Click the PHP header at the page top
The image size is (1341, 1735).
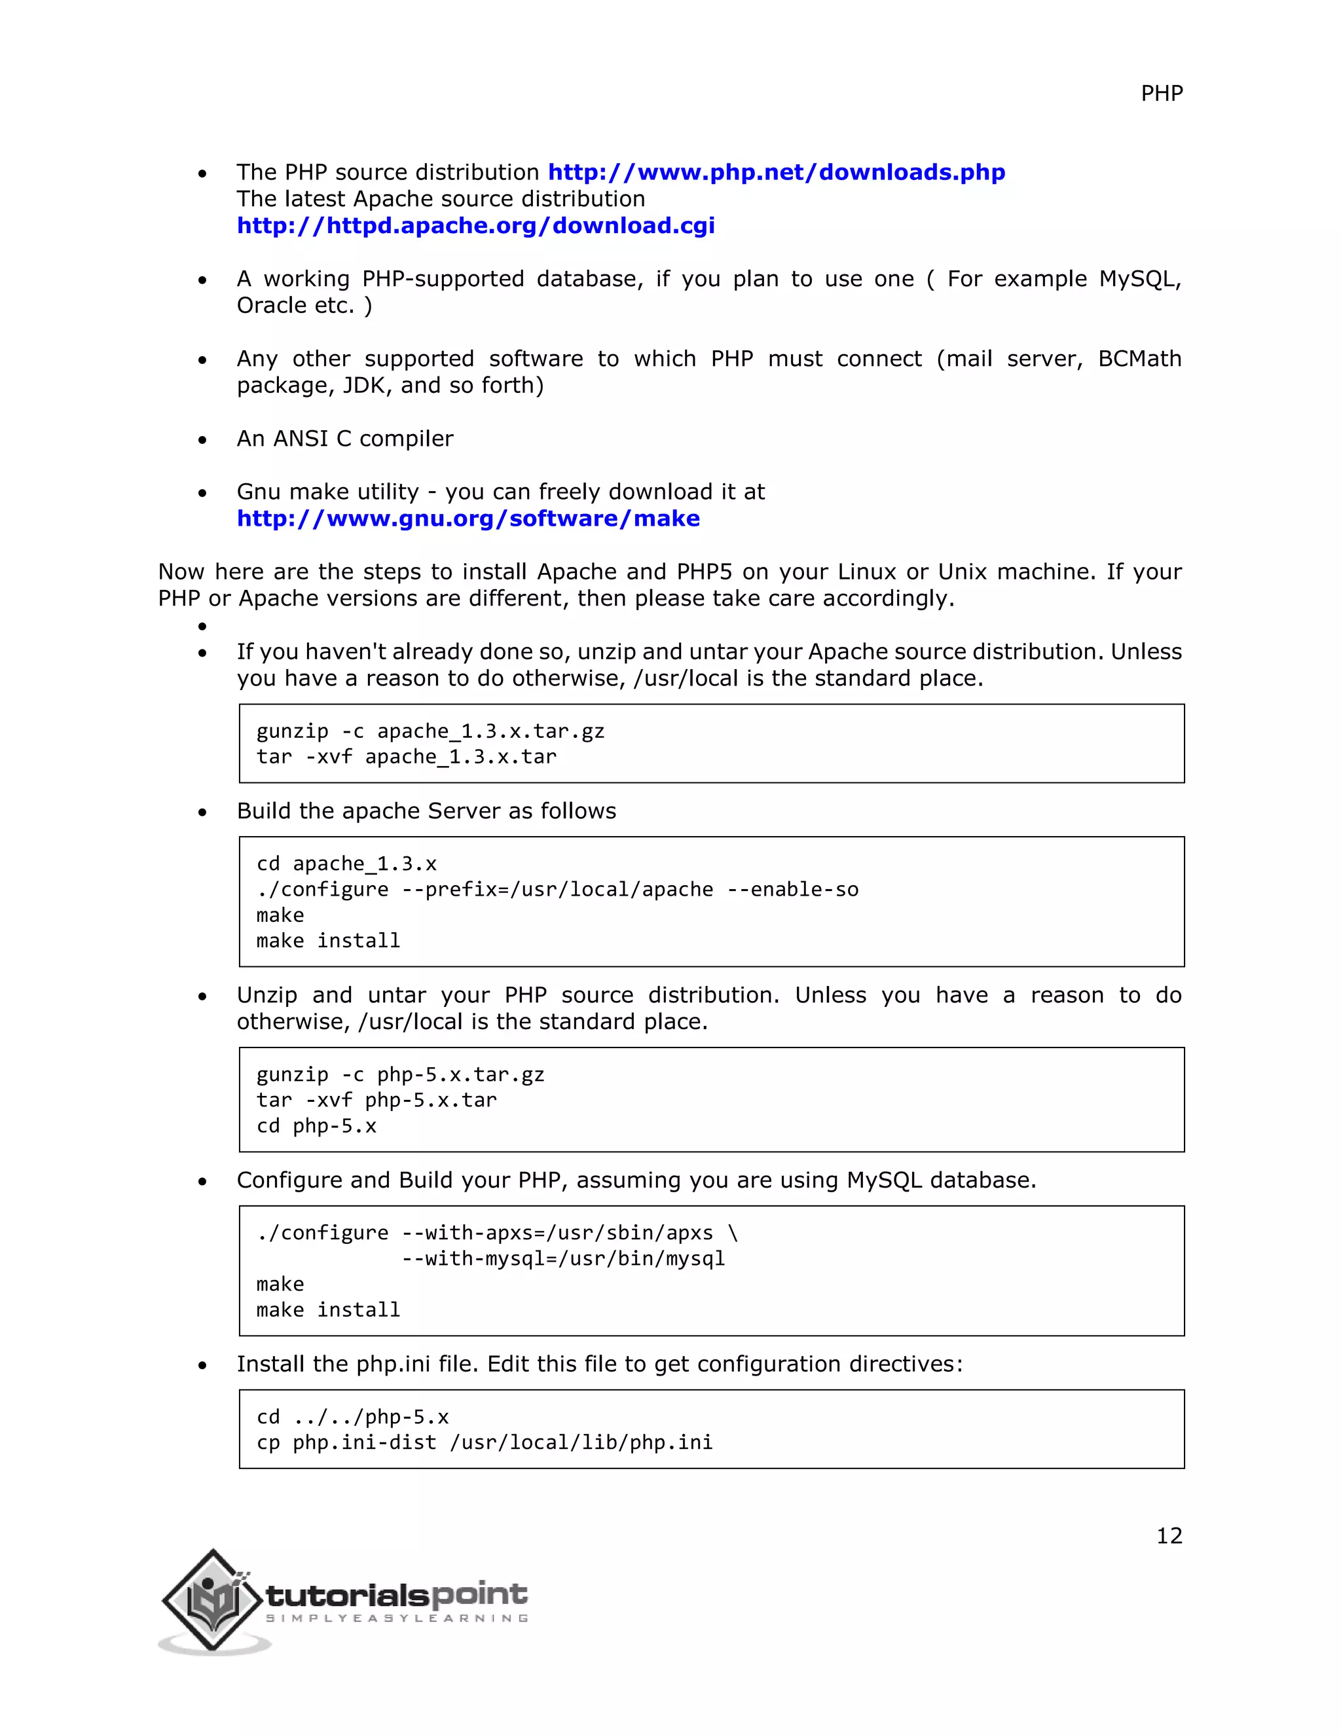pos(1162,94)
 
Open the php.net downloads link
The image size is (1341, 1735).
pos(776,172)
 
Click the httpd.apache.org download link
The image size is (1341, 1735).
pos(475,226)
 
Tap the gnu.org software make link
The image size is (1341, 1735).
pos(468,519)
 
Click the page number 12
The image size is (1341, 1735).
pos(1169,1535)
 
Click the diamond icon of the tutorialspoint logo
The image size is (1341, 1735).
pos(211,1599)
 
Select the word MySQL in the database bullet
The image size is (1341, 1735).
pos(1139,279)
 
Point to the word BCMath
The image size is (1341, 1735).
pos(1139,359)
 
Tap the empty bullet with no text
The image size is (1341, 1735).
pos(202,626)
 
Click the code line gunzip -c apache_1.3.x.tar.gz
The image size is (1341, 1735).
pos(430,731)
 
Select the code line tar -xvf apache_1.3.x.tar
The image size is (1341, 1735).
pos(406,757)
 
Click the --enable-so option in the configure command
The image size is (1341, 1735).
pos(792,890)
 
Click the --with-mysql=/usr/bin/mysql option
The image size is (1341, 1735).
pos(562,1259)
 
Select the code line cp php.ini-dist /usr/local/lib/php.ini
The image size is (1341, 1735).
pos(485,1442)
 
